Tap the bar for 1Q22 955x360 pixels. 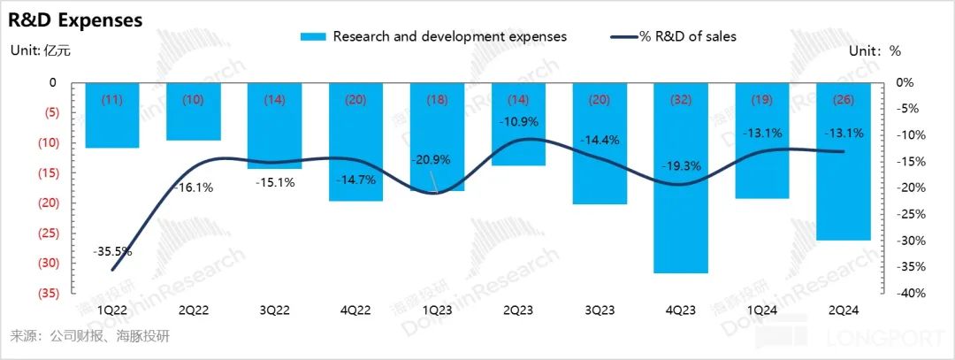(x=111, y=115)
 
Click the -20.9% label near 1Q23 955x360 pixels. (x=432, y=160)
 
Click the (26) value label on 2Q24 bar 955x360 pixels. (x=844, y=100)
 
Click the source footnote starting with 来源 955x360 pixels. (x=88, y=337)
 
